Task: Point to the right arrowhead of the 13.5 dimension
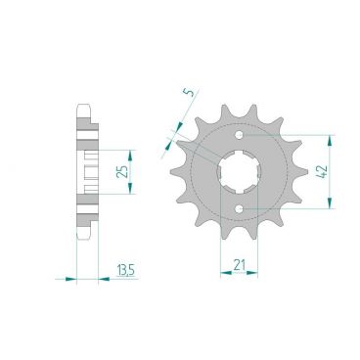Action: [100, 278]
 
